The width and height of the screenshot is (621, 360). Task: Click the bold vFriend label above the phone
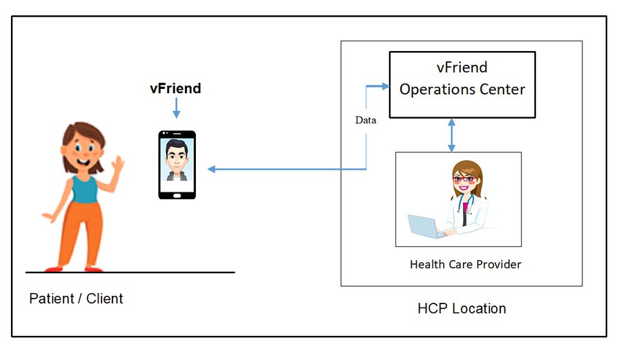(175, 88)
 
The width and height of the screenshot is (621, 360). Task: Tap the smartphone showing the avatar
(177, 165)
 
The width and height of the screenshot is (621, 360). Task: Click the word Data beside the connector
(366, 120)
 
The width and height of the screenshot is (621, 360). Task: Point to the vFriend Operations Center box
(462, 85)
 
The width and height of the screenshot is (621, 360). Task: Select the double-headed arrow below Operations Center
(452, 134)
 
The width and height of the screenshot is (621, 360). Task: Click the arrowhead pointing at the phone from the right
(212, 169)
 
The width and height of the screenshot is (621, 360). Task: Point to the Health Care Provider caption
(465, 264)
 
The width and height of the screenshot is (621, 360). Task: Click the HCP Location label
(462, 308)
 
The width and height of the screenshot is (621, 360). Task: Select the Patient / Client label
(76, 299)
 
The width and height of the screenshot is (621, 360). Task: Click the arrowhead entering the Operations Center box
(384, 86)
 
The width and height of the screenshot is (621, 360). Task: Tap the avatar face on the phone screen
(177, 155)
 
